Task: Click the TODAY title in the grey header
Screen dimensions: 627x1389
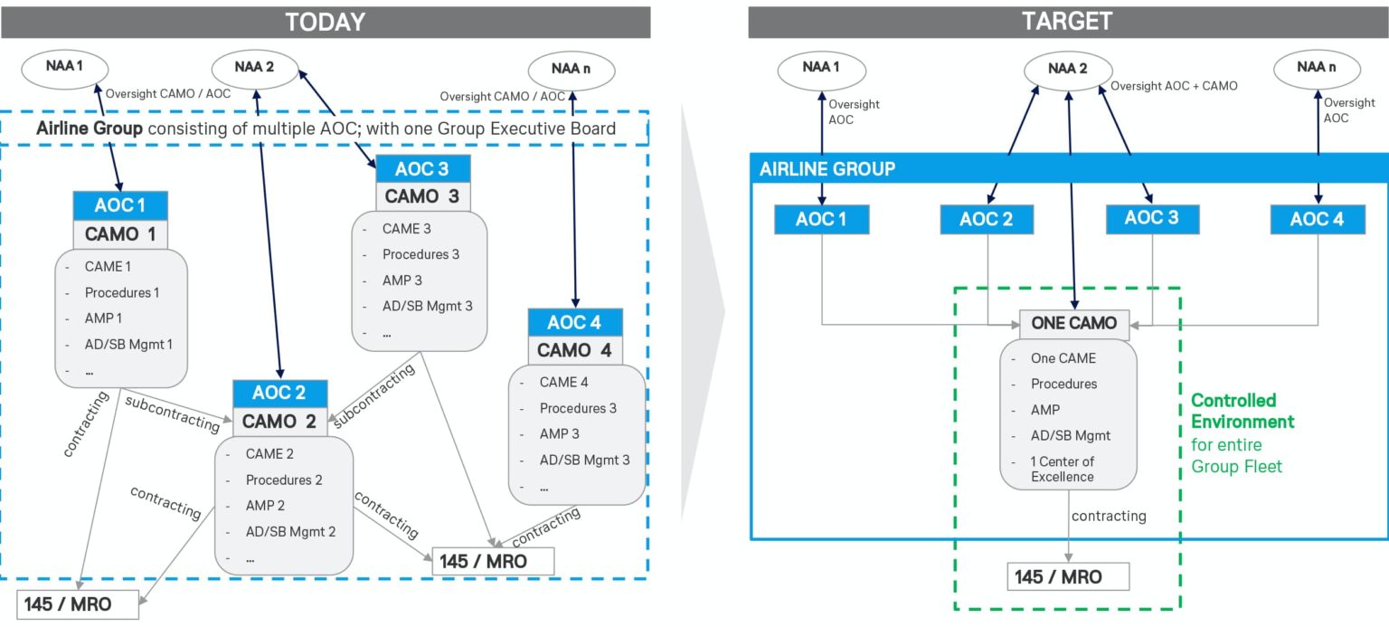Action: coord(325,22)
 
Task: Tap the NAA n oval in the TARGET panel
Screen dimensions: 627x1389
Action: coord(1317,66)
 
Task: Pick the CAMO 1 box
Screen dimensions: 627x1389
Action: coord(120,234)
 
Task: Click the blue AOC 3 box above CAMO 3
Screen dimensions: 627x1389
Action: coord(421,169)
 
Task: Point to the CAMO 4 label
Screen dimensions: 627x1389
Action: coord(575,349)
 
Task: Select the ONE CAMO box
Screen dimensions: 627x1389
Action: coord(1068,323)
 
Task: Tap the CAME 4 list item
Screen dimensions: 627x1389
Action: coord(563,382)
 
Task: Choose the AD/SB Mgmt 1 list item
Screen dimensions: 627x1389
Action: coord(128,344)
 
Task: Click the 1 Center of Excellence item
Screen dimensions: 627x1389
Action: coord(1062,469)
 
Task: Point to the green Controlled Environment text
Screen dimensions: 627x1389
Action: coord(1242,411)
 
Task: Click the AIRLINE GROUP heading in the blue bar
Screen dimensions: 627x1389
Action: coord(827,168)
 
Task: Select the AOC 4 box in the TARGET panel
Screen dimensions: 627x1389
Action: coord(1317,219)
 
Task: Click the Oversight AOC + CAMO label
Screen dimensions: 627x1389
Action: coord(1173,86)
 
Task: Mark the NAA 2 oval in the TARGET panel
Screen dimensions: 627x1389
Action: coord(1069,68)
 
